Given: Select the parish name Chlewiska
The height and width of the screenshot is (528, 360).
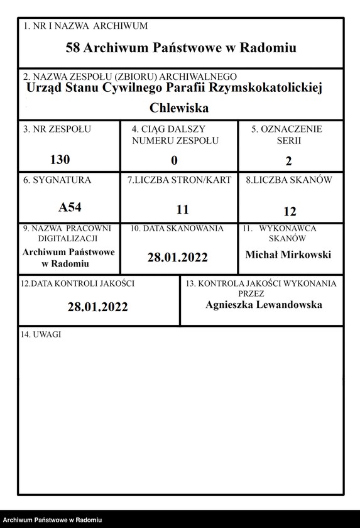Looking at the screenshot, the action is tap(179, 107).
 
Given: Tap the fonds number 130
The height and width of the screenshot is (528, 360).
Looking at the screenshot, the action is tap(60, 159).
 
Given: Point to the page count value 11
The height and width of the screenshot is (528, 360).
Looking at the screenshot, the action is tap(182, 210).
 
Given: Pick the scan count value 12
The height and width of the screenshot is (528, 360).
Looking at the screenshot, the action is tap(290, 211).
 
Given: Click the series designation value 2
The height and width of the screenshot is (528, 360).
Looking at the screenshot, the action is tap(288, 161).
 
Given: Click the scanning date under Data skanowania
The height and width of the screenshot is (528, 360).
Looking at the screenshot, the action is tap(177, 257).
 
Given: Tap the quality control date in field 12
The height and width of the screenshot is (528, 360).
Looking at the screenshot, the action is tap(98, 307).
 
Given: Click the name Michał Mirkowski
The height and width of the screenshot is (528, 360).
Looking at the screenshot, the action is tap(288, 254).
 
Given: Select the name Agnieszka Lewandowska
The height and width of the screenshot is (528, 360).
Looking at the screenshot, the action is tap(264, 304).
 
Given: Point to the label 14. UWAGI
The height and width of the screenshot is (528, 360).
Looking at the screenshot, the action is tap(41, 335).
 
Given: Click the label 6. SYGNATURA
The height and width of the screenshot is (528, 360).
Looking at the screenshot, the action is tap(57, 180).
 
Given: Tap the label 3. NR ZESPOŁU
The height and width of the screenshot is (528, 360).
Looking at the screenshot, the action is tap(57, 129).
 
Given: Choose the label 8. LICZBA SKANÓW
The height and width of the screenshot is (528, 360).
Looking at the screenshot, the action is tap(289, 180).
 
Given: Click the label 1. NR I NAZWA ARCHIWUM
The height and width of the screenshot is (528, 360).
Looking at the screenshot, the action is tap(85, 26).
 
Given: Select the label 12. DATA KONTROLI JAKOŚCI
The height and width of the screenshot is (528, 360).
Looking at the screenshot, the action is tap(77, 283).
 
